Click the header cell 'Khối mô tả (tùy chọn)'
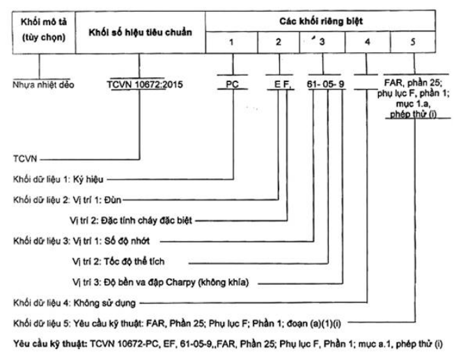[x=44, y=32]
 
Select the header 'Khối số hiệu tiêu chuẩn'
[x=140, y=32]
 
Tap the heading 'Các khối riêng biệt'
[x=321, y=21]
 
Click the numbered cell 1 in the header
[x=232, y=42]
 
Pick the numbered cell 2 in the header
[x=279, y=42]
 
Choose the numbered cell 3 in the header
[x=322, y=42]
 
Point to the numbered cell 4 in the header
[x=368, y=42]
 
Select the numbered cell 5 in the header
[x=413, y=42]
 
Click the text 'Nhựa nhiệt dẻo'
[x=43, y=85]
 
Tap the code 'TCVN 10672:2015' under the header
[x=145, y=84]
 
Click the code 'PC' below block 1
[x=232, y=84]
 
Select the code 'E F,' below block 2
[x=282, y=84]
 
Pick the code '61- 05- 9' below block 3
[x=325, y=84]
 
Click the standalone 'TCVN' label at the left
[x=25, y=159]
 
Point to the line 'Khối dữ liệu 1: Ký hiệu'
[x=58, y=180]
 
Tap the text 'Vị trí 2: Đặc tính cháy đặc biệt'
[x=131, y=221]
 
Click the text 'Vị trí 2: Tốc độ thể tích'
[x=118, y=262]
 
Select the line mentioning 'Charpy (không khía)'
[x=161, y=283]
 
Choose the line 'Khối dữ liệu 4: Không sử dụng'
[x=75, y=303]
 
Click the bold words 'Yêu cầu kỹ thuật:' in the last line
[x=50, y=344]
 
